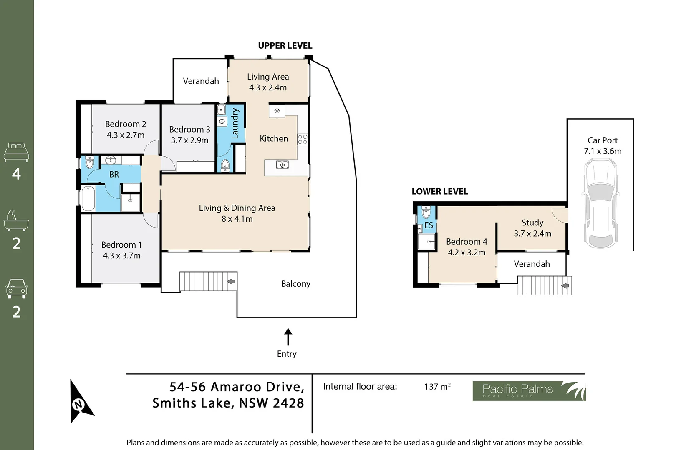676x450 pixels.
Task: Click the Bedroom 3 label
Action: [x=189, y=130]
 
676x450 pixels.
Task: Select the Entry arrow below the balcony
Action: [x=288, y=337]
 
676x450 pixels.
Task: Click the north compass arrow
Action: [x=80, y=402]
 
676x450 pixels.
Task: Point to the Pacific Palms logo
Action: [x=529, y=390]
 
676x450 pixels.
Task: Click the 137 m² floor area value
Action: [x=437, y=387]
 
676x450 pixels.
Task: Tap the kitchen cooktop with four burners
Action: [x=303, y=139]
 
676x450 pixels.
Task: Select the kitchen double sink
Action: [x=283, y=165]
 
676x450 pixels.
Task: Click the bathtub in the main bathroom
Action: [x=88, y=198]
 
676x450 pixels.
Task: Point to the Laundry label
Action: [x=235, y=123]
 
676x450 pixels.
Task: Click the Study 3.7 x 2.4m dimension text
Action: [x=532, y=234]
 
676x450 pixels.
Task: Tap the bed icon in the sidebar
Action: [x=16, y=152]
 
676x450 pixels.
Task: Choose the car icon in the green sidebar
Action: [x=16, y=288]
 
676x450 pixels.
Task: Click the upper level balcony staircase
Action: [x=208, y=281]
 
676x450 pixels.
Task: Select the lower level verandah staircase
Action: [x=544, y=285]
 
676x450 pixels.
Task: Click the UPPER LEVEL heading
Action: [x=285, y=46]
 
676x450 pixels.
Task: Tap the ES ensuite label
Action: [x=429, y=225]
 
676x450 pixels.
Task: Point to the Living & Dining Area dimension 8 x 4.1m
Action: [x=237, y=219]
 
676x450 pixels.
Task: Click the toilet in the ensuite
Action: [x=426, y=213]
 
